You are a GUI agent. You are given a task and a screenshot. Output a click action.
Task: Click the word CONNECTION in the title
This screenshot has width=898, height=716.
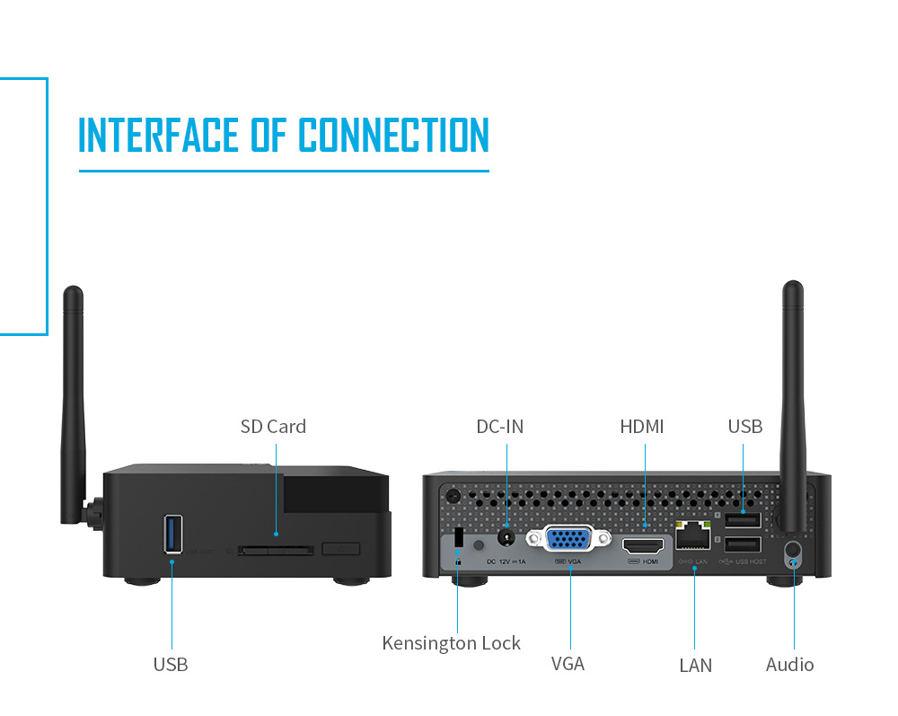click(393, 135)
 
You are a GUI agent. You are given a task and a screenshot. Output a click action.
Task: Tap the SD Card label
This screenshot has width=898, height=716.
click(273, 427)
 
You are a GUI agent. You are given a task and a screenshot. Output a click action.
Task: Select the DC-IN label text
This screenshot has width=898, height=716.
click(499, 427)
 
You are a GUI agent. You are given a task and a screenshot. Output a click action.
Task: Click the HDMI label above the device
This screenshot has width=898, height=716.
click(642, 427)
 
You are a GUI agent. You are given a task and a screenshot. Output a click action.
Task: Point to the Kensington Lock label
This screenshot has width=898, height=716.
click(451, 643)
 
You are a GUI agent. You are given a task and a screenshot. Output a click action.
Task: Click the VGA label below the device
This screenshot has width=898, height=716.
click(568, 664)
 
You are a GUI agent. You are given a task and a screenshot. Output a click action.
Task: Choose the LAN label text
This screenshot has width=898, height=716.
click(695, 666)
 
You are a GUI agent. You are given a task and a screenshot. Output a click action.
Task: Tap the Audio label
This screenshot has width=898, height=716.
click(789, 665)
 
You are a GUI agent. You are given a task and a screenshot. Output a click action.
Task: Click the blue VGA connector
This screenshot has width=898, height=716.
click(568, 539)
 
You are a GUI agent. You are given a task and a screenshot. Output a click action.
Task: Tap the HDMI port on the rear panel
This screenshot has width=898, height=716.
click(644, 545)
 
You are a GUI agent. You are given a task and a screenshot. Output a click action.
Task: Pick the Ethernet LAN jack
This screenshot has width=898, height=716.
click(693, 537)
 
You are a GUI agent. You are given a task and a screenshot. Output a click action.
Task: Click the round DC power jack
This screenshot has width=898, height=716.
click(507, 537)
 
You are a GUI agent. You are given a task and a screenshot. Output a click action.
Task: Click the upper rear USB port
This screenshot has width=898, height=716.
click(743, 520)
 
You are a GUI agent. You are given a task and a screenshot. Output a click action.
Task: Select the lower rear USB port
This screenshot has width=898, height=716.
click(743, 544)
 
